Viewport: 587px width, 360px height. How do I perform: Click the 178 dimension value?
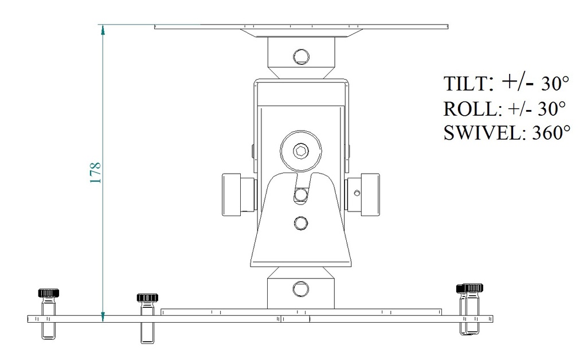96,173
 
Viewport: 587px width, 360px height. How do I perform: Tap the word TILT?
465,84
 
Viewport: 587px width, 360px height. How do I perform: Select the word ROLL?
470,109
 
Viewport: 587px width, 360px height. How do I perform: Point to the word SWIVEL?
482,132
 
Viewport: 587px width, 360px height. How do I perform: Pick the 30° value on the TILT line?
555,83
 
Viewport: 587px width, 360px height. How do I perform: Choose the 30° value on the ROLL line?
551,108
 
